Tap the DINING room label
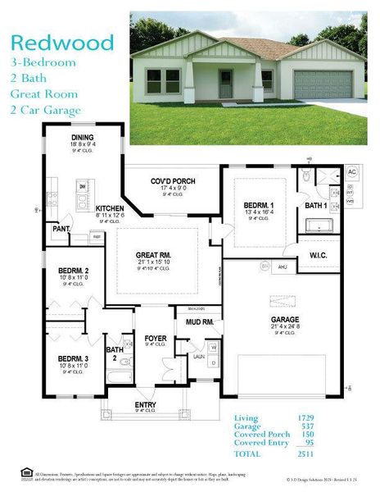point(83,138)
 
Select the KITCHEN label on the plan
point(110,208)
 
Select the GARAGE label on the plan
point(285,320)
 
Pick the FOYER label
point(155,338)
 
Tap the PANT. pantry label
point(61,229)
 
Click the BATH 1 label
point(316,205)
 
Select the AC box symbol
point(352,172)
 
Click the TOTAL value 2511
point(304,453)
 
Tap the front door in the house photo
point(224,84)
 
